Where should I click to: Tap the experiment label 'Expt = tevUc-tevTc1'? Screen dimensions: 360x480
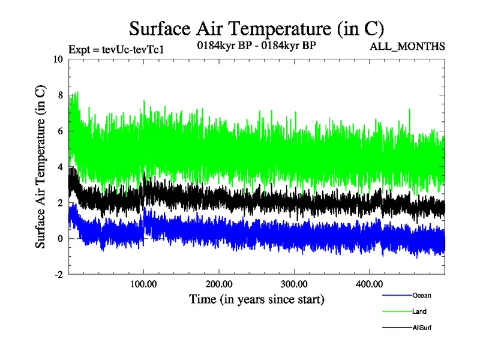point(116,49)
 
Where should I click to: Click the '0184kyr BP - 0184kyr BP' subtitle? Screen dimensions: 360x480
point(257,45)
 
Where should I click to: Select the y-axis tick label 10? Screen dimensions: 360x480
point(58,59)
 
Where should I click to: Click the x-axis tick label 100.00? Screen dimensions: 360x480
point(143,284)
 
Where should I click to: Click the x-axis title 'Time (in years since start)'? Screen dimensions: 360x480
point(257,299)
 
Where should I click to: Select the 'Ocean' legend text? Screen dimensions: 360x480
point(421,295)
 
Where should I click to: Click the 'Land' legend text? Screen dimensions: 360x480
point(419,311)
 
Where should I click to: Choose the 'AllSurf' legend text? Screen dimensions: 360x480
point(422,328)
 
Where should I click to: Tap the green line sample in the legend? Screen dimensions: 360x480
point(396,312)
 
